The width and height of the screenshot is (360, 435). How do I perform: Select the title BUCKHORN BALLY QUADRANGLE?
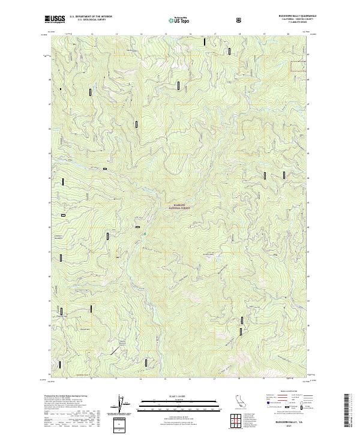pos(293,16)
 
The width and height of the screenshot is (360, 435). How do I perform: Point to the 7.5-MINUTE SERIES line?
pos(293,25)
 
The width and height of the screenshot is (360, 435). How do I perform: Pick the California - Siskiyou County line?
pos(293,20)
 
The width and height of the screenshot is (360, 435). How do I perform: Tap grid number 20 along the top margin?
pos(289,34)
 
